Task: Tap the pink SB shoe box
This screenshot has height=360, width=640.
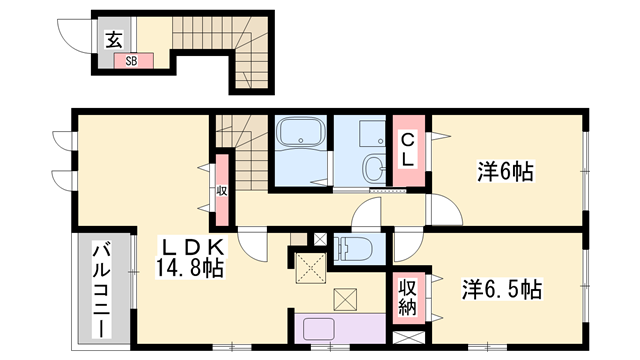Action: pyautogui.click(x=131, y=61)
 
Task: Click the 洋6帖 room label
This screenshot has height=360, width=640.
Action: pyautogui.click(x=504, y=172)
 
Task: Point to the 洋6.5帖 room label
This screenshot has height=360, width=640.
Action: pyautogui.click(x=501, y=290)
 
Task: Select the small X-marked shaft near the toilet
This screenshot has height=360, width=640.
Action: pyautogui.click(x=320, y=239)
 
